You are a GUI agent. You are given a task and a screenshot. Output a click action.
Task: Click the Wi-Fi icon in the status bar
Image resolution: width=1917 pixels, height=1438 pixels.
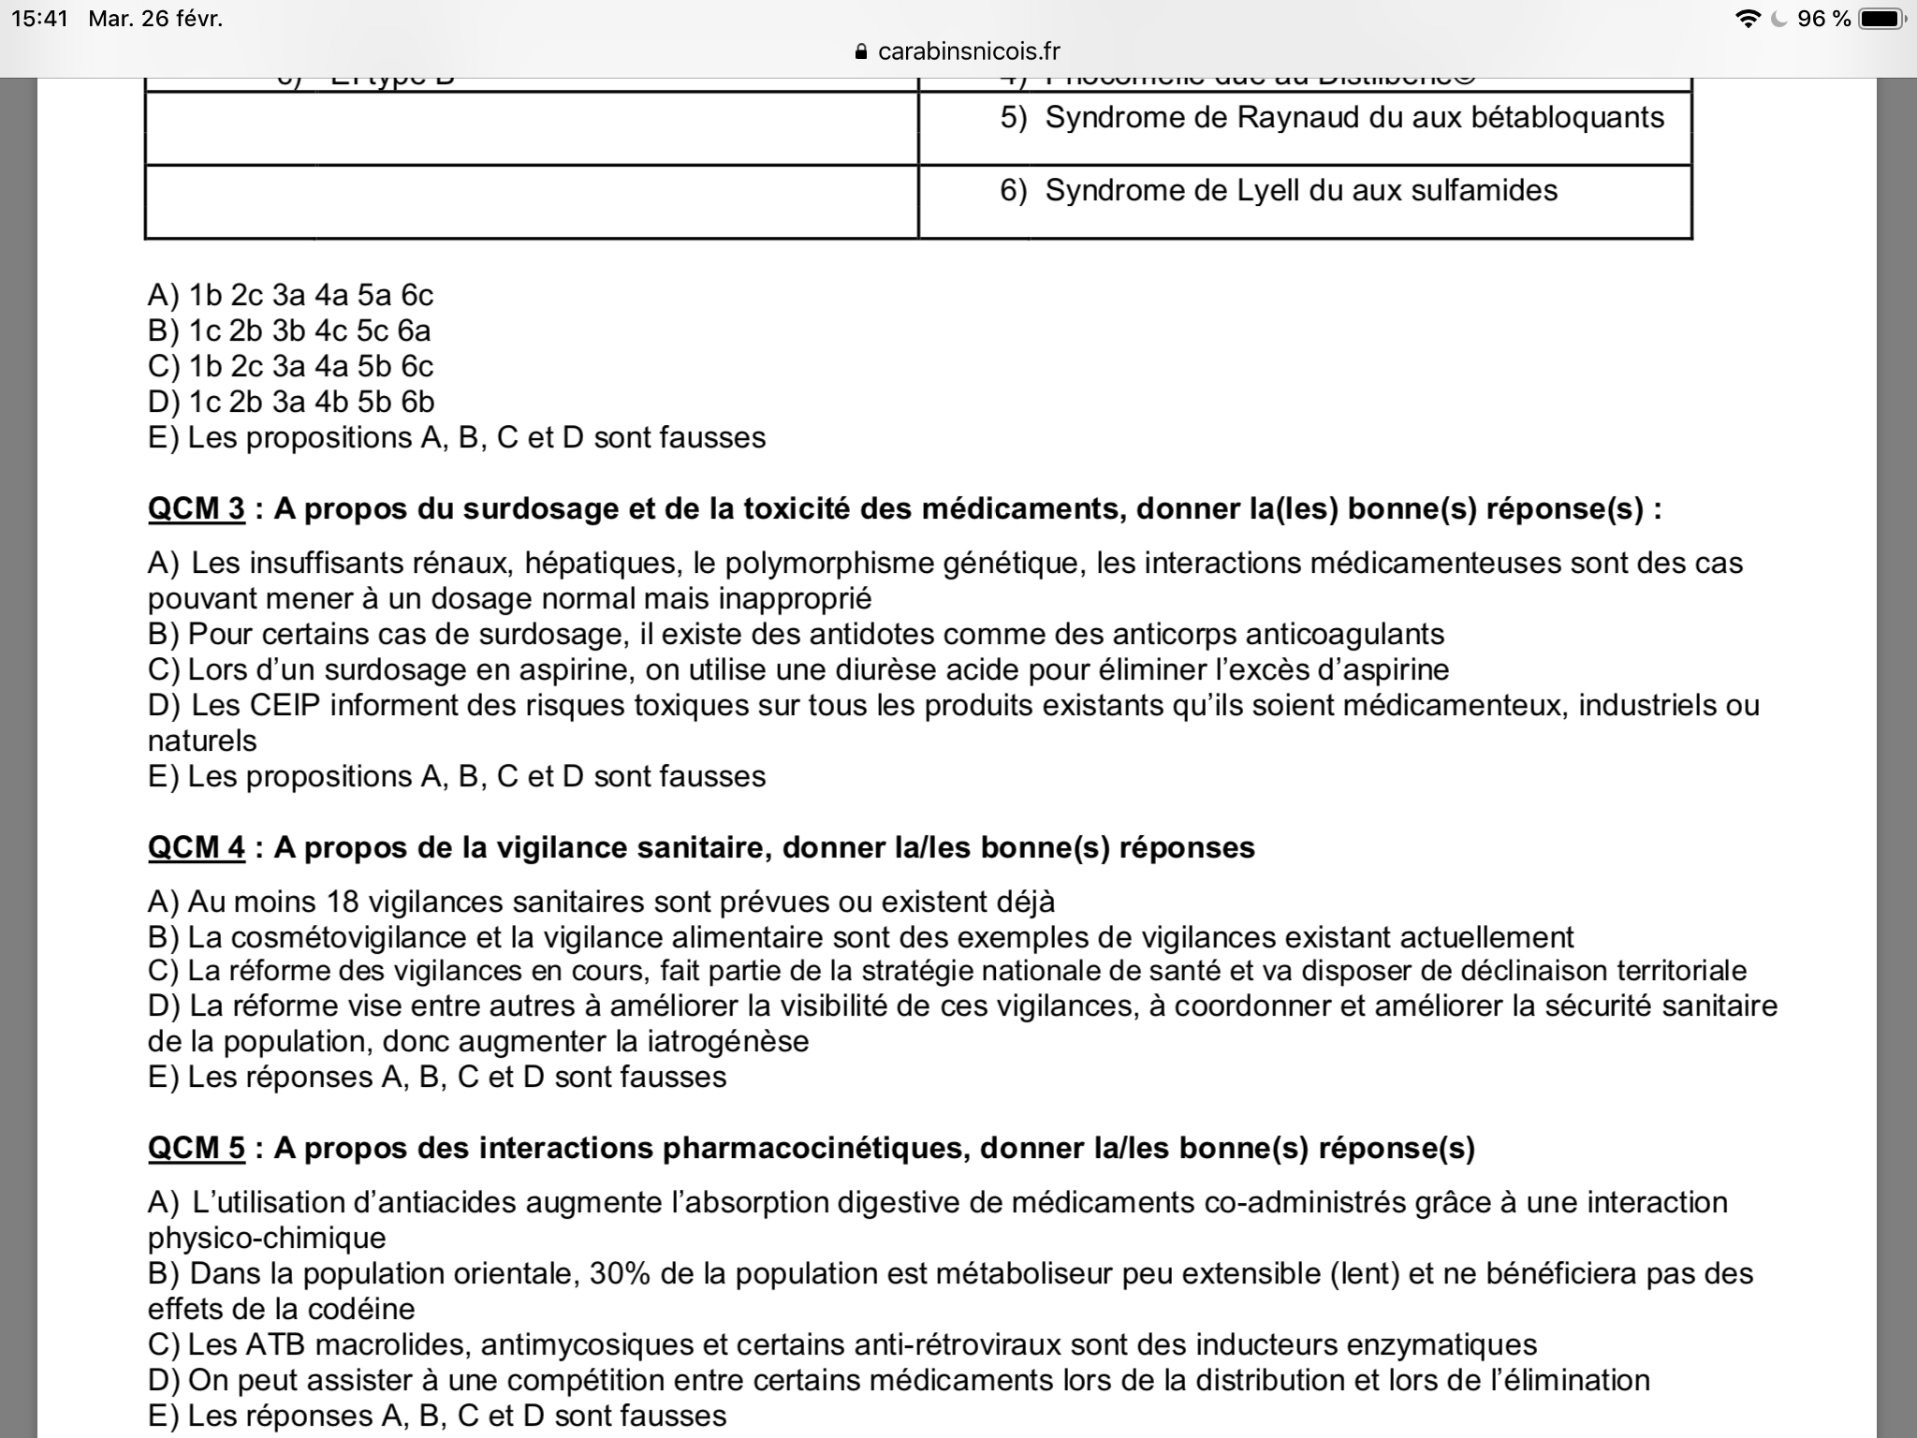pyautogui.click(x=1747, y=19)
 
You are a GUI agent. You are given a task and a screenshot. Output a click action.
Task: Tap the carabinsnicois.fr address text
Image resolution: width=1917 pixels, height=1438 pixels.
pyautogui.click(x=969, y=51)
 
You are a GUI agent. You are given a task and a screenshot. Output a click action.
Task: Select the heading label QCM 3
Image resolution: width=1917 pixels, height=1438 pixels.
pyautogui.click(x=196, y=508)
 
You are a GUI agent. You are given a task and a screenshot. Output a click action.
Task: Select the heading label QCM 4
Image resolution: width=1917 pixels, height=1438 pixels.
pyautogui.click(x=196, y=847)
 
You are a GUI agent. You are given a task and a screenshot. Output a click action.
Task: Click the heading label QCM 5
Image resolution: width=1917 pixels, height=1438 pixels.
pyautogui.click(x=196, y=1148)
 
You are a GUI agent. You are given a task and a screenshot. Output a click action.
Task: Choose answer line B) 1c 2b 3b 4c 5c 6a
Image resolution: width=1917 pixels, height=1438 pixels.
pyautogui.click(x=290, y=330)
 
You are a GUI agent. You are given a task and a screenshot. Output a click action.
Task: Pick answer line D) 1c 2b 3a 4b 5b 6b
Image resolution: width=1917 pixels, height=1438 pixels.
pyautogui.click(x=291, y=402)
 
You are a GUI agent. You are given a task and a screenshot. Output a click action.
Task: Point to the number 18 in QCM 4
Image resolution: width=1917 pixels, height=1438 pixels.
pyautogui.click(x=344, y=902)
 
